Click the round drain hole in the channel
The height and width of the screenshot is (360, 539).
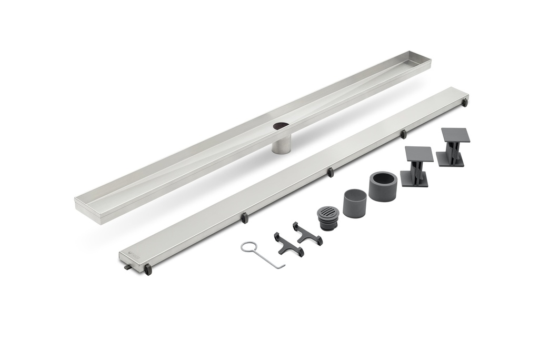coord(281,126)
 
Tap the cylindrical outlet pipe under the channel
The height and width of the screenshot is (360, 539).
coord(281,143)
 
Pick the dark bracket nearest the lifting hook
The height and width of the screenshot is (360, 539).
coord(288,245)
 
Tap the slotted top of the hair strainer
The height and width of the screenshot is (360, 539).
coord(328,214)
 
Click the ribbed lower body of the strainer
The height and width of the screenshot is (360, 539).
coord(328,225)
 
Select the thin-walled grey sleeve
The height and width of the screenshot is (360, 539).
coord(355,203)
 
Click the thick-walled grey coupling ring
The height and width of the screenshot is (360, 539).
coord(383,186)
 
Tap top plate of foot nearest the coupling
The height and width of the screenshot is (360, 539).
coord(418,154)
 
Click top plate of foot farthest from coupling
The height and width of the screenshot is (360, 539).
coord(455,135)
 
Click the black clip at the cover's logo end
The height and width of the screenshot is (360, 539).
coord(148,269)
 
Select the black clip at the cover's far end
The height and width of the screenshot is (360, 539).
coord(464,103)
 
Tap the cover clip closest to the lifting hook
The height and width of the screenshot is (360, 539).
coord(244,217)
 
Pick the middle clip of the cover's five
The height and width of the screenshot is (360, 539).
coord(330,172)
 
